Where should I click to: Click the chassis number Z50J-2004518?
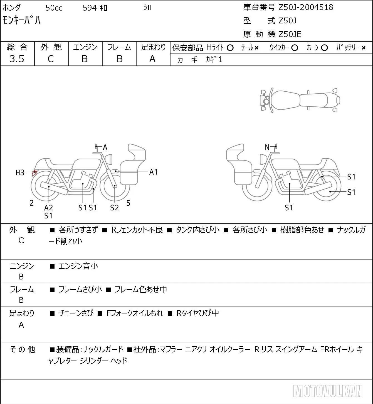click(x=306, y=8)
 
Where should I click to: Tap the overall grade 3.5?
click(x=17, y=59)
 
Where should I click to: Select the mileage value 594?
click(x=90, y=8)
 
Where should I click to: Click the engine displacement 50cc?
click(x=54, y=8)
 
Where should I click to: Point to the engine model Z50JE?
click(x=290, y=34)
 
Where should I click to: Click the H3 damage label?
click(x=20, y=173)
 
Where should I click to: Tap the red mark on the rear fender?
click(x=34, y=173)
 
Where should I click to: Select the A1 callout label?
click(x=153, y=172)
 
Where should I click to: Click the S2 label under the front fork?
click(x=114, y=208)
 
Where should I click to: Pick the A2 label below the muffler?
click(x=49, y=208)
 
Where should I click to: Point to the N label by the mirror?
click(x=267, y=147)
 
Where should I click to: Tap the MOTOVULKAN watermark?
click(x=328, y=391)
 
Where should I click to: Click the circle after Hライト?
click(x=230, y=48)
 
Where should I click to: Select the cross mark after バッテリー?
click(x=364, y=48)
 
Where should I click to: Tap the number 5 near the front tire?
click(x=128, y=203)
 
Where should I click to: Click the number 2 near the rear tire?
click(x=31, y=203)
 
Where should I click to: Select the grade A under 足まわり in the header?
click(x=152, y=59)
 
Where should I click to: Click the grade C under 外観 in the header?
click(x=51, y=59)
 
